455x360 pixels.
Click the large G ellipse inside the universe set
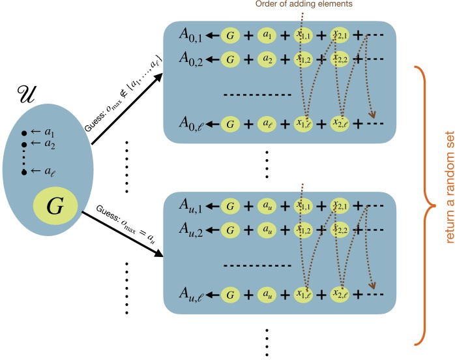pos(55,190)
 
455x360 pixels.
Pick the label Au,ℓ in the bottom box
pos(193,295)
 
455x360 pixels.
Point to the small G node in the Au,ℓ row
pos(229,295)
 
